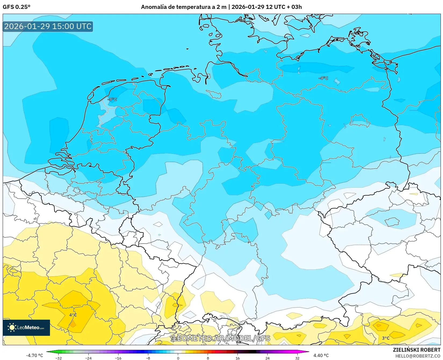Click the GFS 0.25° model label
pos(16,7)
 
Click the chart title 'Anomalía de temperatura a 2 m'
pos(184,7)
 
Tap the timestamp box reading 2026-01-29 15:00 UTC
pos(48,26)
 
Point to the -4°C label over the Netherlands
pos(112,99)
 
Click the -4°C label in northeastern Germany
pos(323,78)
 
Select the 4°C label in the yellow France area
pos(73,315)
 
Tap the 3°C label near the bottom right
pos(386,338)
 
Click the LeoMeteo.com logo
pos(26,327)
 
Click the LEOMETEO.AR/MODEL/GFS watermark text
pos(221,338)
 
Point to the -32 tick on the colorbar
pos(59,358)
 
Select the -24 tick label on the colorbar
pos(88,358)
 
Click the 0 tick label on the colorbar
pos(178,358)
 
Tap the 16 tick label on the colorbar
pos(237,358)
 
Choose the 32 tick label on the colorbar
pos(297,358)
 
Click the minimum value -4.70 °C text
pos(34,355)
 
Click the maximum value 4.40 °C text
pos(321,355)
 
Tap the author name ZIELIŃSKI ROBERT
pos(417,350)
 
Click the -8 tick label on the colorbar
pos(148,358)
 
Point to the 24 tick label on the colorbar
pos(267,358)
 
